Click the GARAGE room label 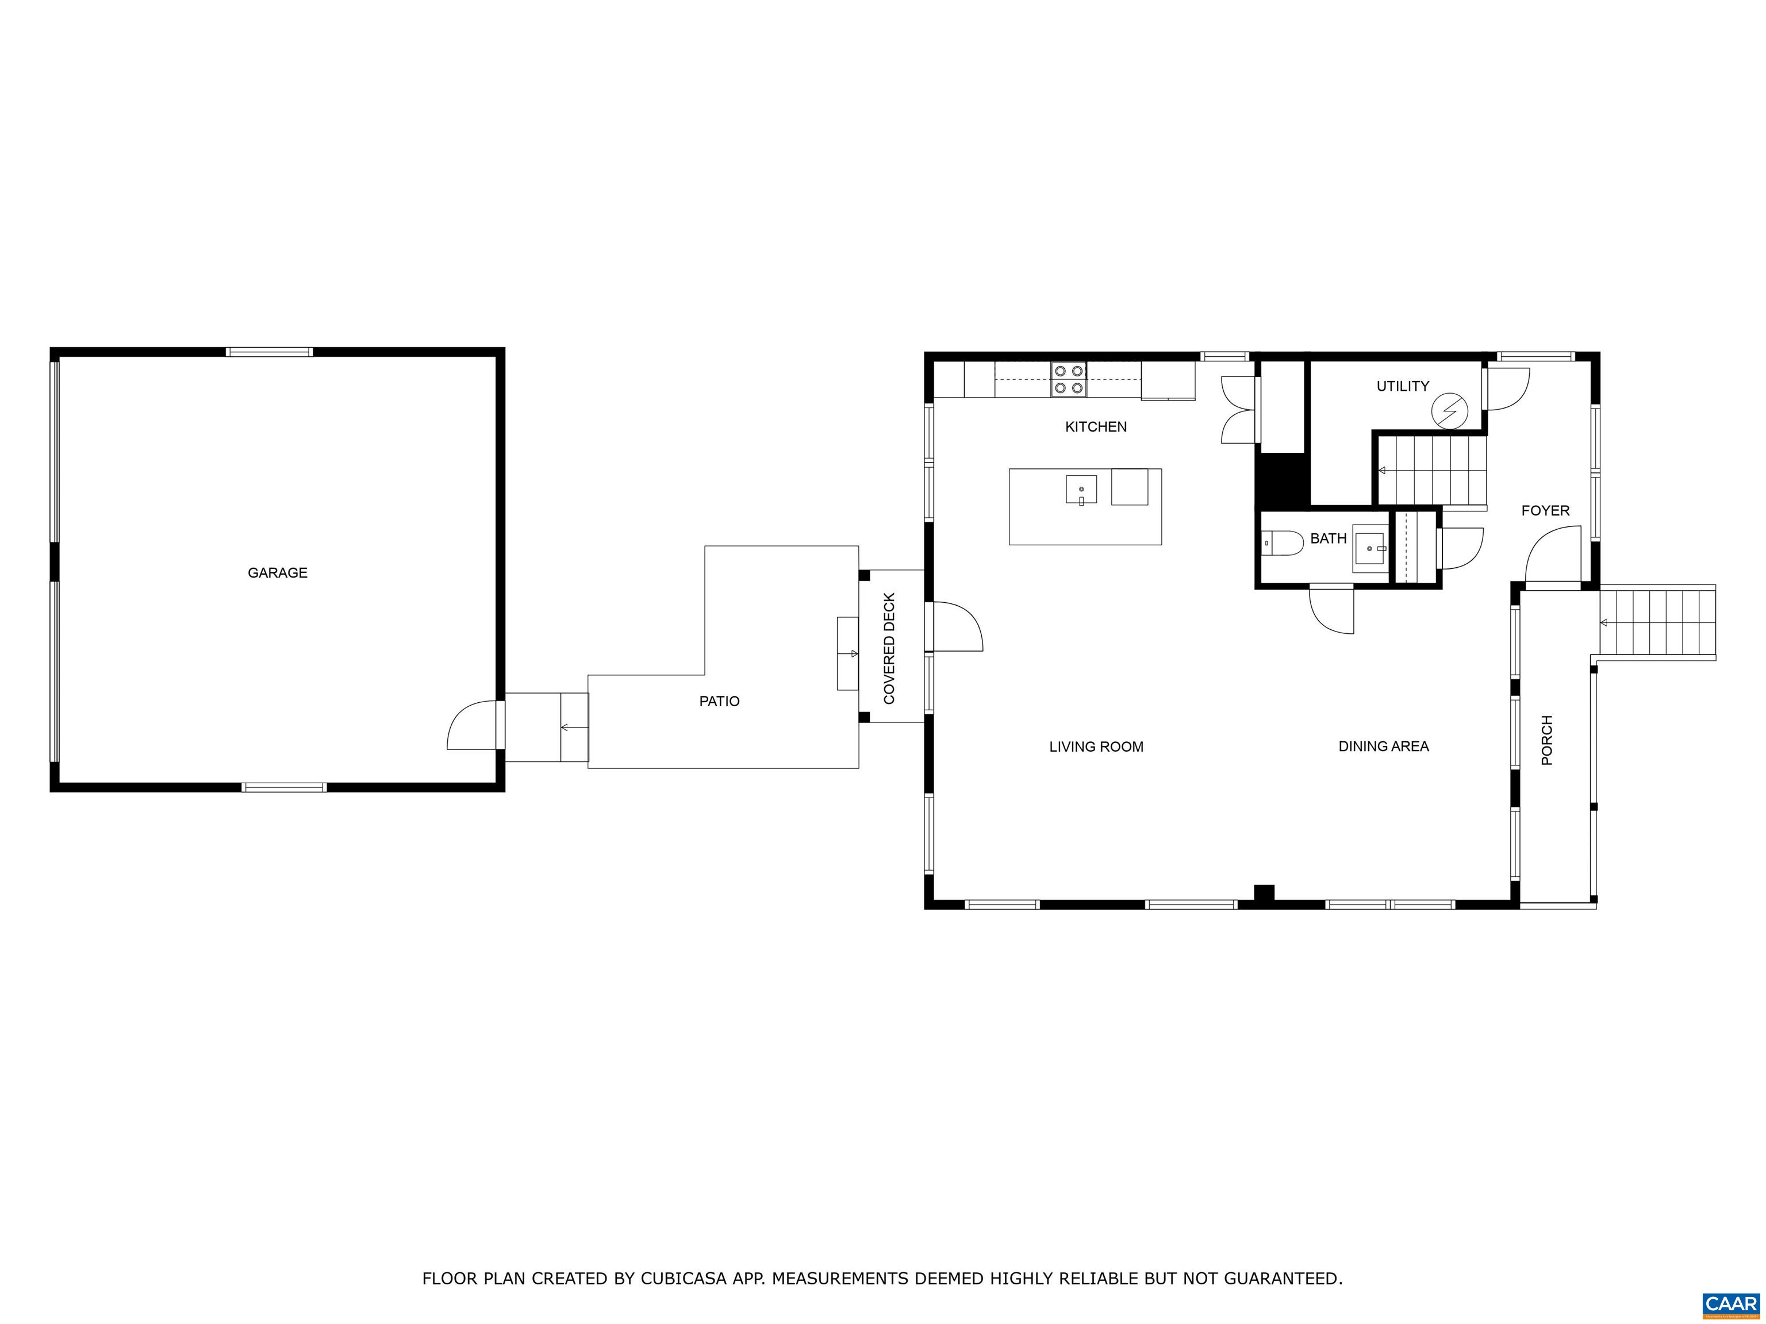(277, 572)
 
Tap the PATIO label (719, 701)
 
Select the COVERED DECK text (889, 648)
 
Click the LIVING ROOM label (1096, 747)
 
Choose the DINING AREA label (1384, 746)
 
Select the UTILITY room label (1403, 386)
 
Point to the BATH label (1329, 538)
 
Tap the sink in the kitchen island (1081, 489)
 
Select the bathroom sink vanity (1372, 548)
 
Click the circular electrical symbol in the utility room (1449, 412)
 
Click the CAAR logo (1731, 1305)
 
